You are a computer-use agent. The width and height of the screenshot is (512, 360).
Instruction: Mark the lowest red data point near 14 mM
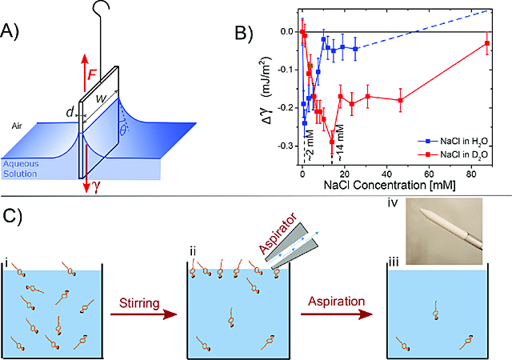pos(331,142)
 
